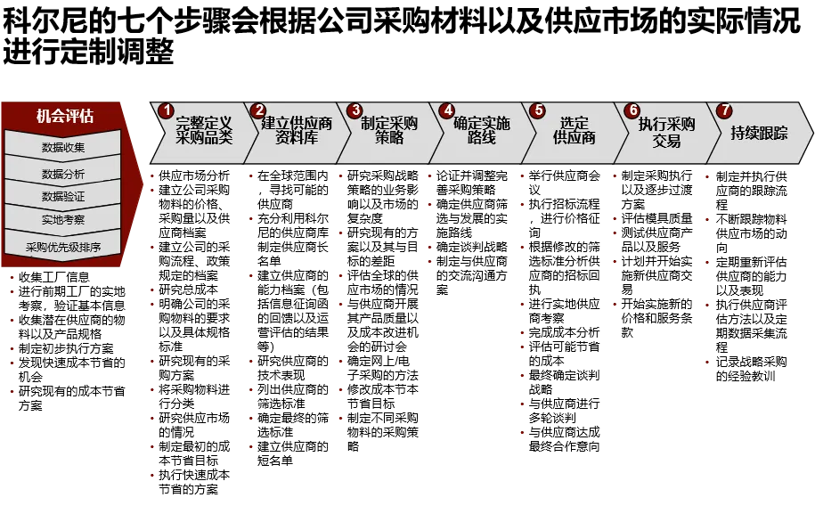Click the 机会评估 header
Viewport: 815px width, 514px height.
coord(64,116)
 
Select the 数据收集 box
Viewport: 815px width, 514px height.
coord(63,147)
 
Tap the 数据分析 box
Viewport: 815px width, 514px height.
coord(63,174)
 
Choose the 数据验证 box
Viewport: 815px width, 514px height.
coord(63,196)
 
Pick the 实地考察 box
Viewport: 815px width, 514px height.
coord(63,219)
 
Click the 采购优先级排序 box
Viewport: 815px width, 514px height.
coord(63,247)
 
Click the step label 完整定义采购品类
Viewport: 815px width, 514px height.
coord(204,131)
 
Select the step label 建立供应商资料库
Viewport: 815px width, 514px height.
coord(297,131)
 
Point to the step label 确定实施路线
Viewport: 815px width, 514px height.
coord(482,131)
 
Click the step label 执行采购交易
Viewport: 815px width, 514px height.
coord(666,131)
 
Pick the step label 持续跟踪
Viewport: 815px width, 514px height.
coord(759,133)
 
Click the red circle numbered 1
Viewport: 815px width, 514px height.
coord(166,110)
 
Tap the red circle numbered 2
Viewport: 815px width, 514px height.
coord(258,110)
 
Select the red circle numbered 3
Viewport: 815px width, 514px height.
coord(355,110)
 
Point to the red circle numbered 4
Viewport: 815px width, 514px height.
coord(447,110)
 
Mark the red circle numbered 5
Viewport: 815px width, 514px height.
coord(537,110)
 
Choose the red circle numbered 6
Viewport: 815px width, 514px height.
coord(632,110)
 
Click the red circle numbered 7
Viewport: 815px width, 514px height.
coord(724,110)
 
